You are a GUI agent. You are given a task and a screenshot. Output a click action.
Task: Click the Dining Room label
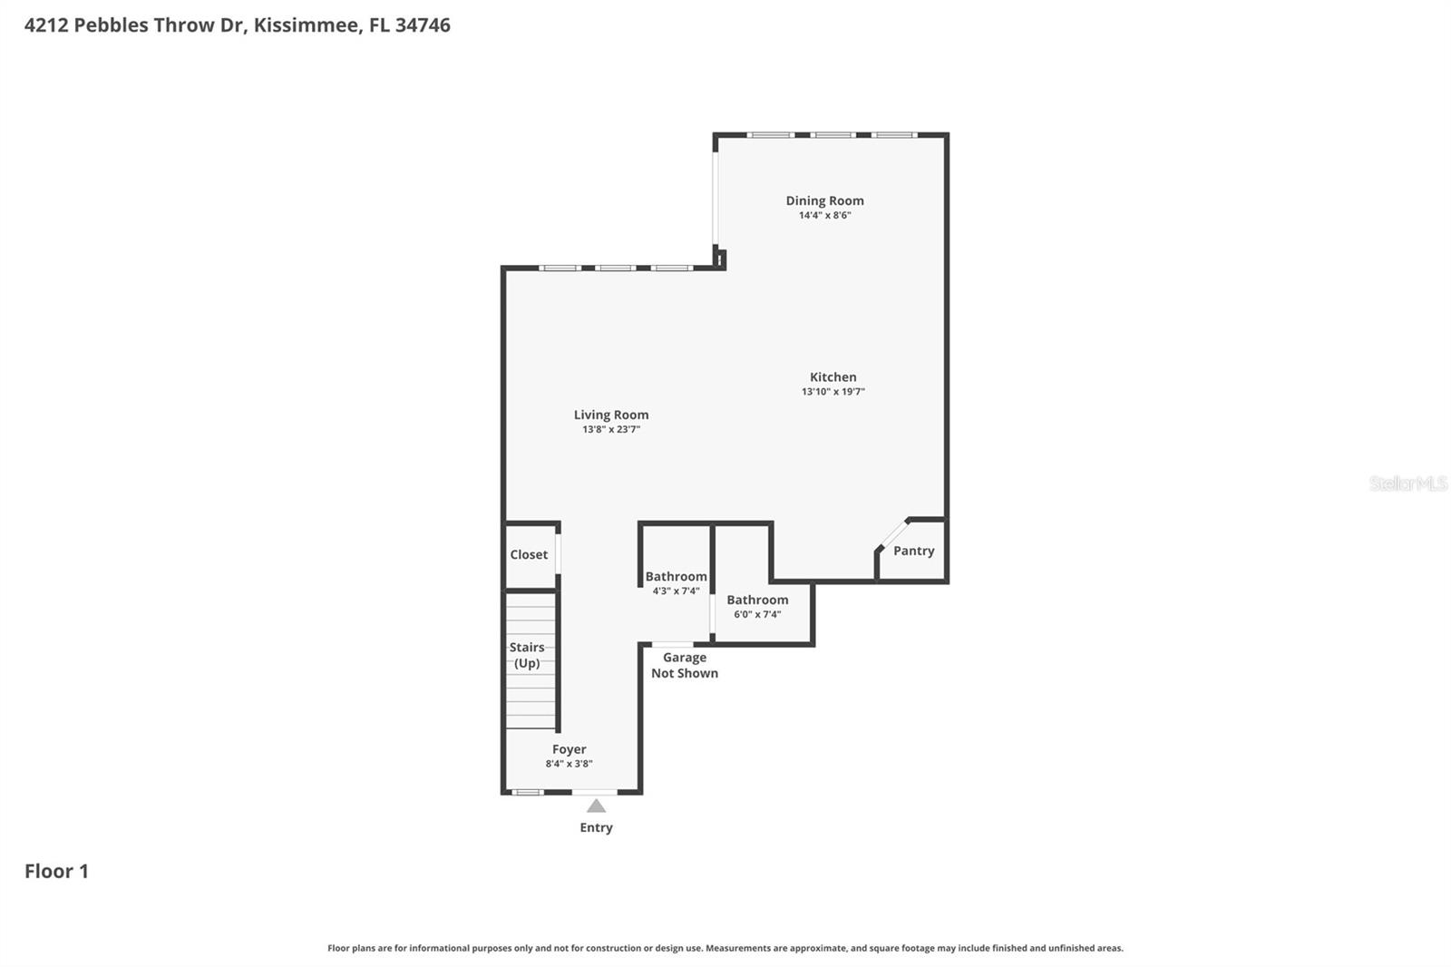coord(824,200)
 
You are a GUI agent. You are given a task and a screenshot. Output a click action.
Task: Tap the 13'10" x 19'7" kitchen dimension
coord(833,392)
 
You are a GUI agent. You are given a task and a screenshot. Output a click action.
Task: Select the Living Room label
coord(610,415)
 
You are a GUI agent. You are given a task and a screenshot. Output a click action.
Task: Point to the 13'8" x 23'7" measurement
coord(610,429)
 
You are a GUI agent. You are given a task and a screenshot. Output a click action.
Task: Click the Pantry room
coord(913,551)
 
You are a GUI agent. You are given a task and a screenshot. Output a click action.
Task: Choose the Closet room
coord(529,554)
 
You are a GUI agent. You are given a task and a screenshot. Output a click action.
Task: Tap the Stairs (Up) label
coord(527,655)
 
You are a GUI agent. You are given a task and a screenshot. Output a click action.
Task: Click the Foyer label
coord(569,749)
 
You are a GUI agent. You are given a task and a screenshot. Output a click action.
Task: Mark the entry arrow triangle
coord(596,806)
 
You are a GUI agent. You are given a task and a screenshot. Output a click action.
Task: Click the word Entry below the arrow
coord(596,827)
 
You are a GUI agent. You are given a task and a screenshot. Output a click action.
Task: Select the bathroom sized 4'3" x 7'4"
coord(676,582)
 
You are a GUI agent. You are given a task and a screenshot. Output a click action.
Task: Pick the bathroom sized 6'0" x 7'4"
coord(757,606)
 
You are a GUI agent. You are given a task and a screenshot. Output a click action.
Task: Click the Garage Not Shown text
coord(685,665)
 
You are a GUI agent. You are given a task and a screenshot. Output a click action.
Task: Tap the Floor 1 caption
coord(56,871)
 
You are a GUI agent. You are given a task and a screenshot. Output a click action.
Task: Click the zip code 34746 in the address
coord(423,25)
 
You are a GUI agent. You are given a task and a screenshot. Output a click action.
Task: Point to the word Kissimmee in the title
coord(306,25)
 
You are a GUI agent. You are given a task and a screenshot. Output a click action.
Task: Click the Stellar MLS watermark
coord(1407,483)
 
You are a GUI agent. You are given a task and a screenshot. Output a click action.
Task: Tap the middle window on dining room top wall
coord(832,135)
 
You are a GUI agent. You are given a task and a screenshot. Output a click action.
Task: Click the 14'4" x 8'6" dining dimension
coord(824,216)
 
